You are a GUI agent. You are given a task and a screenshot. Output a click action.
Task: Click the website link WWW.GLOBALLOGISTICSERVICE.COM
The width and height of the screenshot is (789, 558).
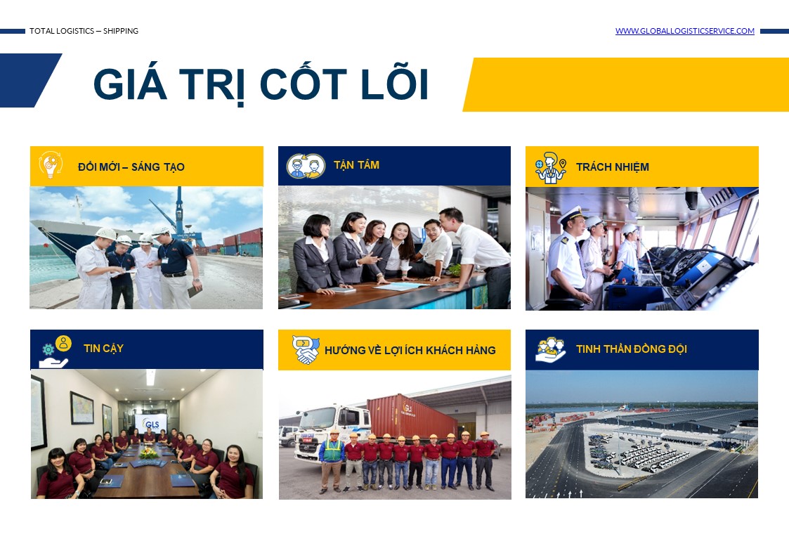(x=685, y=31)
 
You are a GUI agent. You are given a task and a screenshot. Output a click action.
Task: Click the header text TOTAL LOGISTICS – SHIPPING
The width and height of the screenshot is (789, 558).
(x=84, y=31)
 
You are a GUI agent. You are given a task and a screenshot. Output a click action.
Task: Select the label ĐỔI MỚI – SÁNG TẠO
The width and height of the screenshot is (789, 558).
(x=131, y=167)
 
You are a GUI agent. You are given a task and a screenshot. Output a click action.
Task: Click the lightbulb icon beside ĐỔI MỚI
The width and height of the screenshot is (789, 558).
(x=51, y=164)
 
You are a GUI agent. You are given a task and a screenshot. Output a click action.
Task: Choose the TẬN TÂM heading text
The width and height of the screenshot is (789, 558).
(x=357, y=166)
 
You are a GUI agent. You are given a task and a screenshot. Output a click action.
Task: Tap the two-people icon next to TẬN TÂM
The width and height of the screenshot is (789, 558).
(x=306, y=166)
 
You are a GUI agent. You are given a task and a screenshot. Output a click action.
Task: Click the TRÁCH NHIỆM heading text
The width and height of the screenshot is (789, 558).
(x=613, y=167)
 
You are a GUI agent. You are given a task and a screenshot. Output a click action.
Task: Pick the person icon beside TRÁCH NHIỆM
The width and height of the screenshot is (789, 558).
(x=551, y=167)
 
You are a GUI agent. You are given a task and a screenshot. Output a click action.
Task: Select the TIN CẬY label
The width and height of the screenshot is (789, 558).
(x=104, y=348)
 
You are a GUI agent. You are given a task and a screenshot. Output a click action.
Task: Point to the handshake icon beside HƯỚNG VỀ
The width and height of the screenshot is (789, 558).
(x=306, y=350)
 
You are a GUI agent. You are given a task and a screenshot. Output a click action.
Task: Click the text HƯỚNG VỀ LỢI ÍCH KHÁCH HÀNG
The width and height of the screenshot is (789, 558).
(x=410, y=350)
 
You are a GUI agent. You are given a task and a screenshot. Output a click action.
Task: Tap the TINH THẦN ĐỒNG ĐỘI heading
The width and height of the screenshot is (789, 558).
(x=632, y=349)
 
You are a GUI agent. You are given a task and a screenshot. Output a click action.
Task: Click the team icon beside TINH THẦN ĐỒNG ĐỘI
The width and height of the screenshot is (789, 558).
(x=551, y=349)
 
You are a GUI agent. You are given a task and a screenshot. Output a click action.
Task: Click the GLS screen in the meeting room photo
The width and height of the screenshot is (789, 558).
(x=150, y=424)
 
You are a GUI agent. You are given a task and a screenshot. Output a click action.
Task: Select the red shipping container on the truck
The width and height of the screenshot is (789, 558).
(x=412, y=417)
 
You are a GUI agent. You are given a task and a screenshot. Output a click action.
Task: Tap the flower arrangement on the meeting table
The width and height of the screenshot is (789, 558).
(x=148, y=453)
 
